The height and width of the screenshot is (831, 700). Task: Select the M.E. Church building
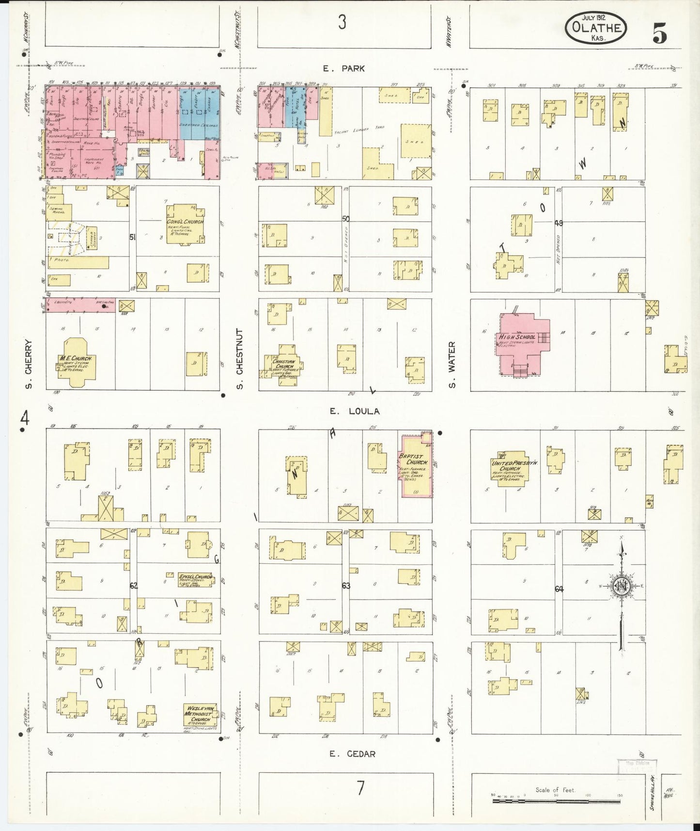(x=76, y=362)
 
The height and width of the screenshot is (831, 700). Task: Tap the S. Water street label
(x=452, y=365)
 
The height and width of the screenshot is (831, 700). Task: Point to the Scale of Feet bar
(x=557, y=801)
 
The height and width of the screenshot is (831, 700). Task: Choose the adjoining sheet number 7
(x=360, y=789)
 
